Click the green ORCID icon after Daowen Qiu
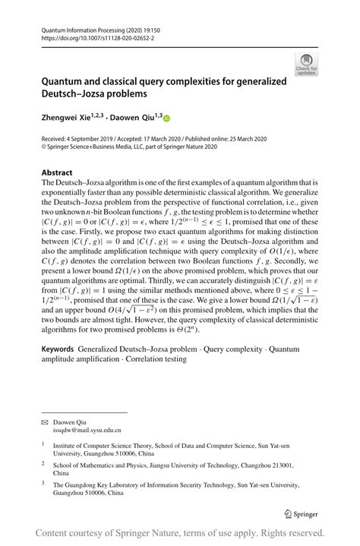click(167, 118)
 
